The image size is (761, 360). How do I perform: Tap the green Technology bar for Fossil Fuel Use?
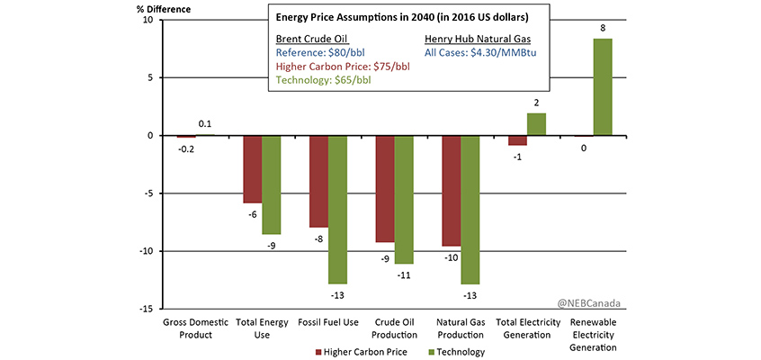point(338,209)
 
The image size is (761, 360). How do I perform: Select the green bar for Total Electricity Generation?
point(536,124)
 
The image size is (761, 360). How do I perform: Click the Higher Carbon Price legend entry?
point(360,352)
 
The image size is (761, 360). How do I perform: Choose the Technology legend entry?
point(454,352)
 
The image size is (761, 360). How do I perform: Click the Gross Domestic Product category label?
point(188,328)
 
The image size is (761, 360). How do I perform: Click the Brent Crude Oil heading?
point(310,39)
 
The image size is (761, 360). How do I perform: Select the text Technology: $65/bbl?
point(326,79)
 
